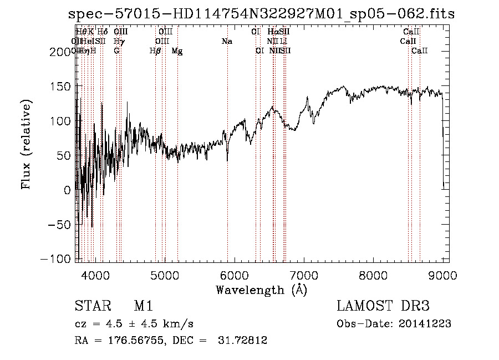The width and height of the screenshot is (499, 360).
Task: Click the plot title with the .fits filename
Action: (261, 14)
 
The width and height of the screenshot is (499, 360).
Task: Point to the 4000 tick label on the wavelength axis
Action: (95, 275)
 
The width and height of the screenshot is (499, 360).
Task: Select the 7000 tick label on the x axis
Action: (304, 275)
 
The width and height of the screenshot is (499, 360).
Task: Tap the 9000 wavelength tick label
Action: (442, 275)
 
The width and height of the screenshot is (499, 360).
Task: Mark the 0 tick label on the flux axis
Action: (68, 190)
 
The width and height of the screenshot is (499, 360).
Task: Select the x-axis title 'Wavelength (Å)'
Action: (261, 290)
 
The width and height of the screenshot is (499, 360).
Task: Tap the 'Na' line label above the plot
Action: (227, 42)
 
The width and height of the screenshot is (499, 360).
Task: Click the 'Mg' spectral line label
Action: (177, 51)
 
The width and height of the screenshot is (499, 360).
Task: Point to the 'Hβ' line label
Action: (155, 51)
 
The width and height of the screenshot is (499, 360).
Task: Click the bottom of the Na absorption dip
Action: (227, 160)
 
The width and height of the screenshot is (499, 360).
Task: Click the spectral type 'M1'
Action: (143, 307)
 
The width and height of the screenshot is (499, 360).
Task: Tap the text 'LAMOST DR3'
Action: (383, 307)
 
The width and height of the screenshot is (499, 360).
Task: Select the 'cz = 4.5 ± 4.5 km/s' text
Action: (134, 324)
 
